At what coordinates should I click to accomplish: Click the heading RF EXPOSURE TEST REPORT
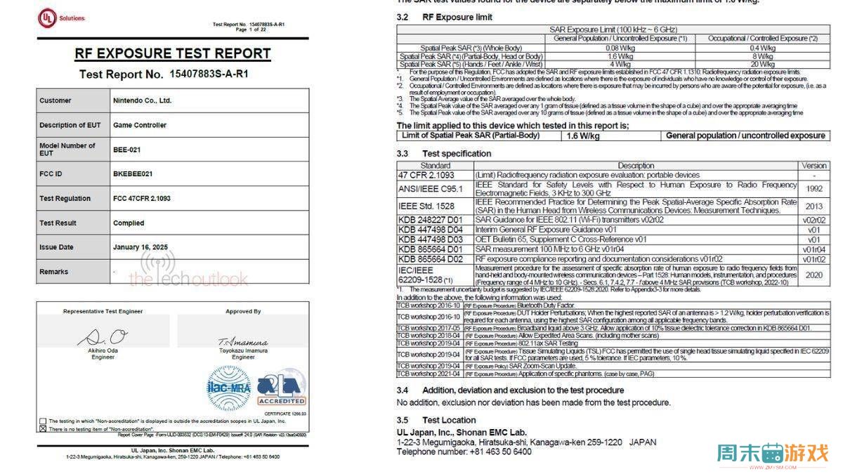[173, 53]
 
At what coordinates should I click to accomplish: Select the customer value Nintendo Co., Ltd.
[143, 100]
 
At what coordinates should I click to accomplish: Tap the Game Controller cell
[140, 125]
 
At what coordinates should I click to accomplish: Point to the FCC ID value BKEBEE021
[133, 173]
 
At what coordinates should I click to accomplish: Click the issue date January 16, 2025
[140, 247]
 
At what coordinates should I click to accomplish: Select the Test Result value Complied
[129, 223]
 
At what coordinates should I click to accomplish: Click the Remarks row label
[54, 272]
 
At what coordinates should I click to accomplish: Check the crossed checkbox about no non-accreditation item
[43, 428]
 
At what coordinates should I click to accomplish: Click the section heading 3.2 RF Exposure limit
[445, 17]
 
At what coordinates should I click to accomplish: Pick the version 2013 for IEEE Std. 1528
[814, 206]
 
